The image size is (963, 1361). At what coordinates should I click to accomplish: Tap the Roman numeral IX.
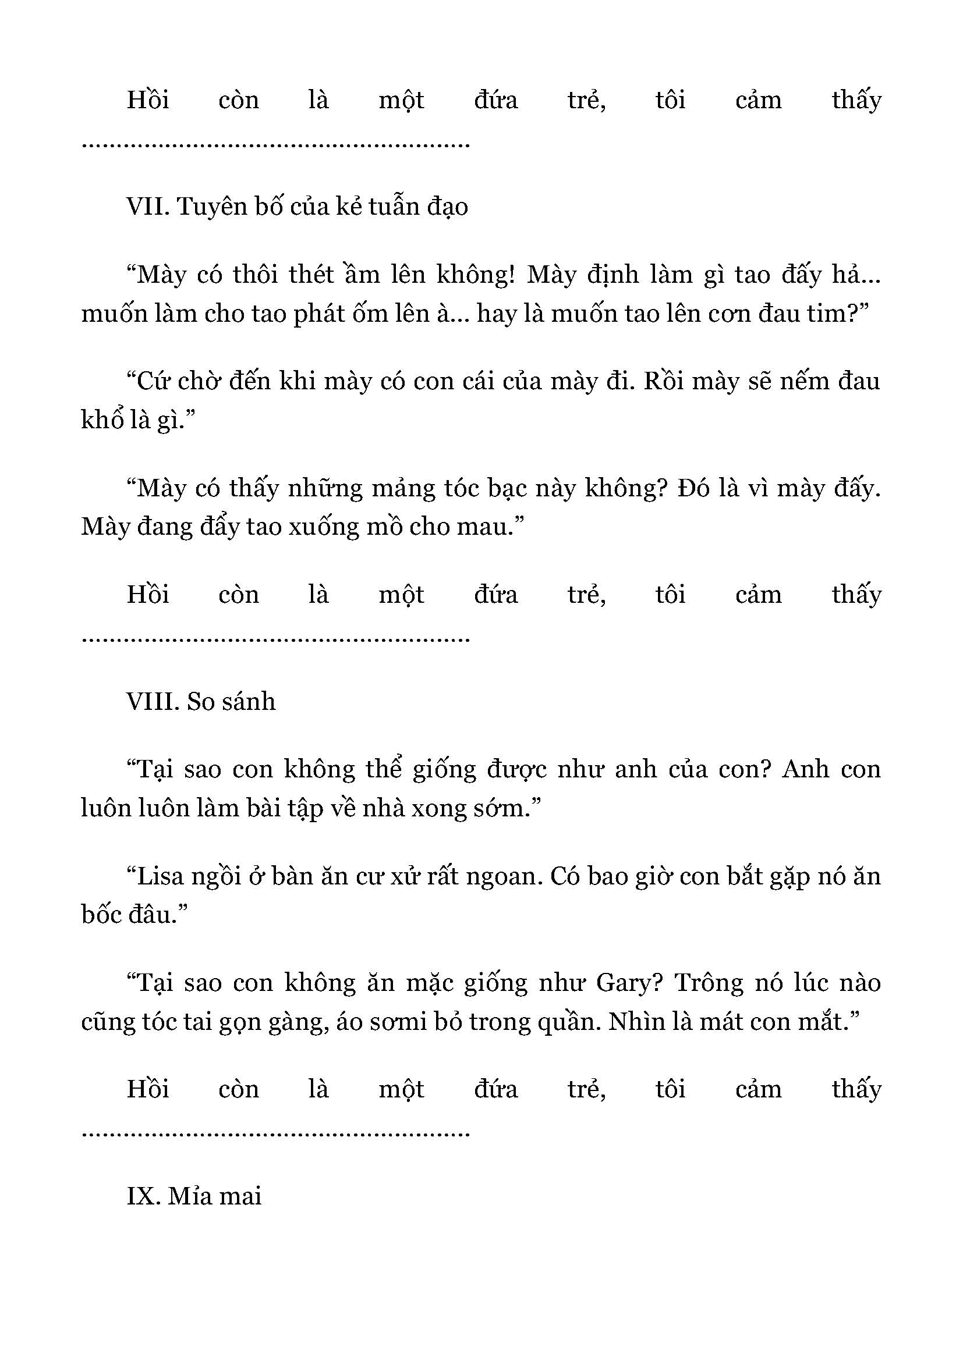coord(143,1197)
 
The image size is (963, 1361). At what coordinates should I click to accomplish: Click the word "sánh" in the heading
coord(252,702)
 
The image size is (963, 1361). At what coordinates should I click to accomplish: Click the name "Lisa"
coord(160,876)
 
